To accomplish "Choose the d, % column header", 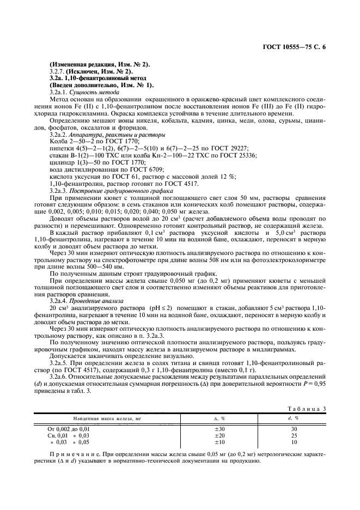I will click(293, 418).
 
